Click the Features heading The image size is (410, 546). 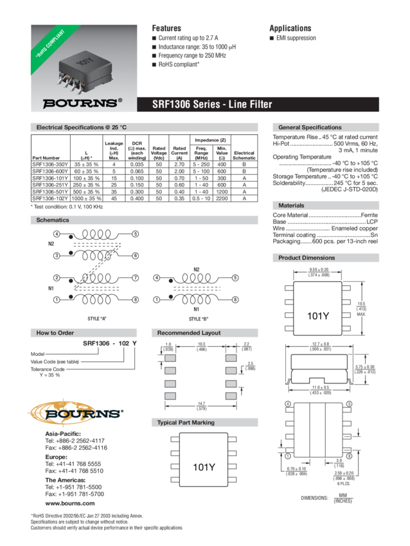pos(166,28)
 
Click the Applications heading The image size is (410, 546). pos(290,28)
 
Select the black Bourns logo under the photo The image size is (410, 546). pos(81,103)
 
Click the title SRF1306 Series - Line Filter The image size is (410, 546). pos(212,104)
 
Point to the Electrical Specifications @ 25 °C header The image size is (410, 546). pos(78,128)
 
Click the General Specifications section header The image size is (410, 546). pos(310,128)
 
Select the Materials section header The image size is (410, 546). pos(292,205)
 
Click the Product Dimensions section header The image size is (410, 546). pos(307,258)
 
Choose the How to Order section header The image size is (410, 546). pos(55,333)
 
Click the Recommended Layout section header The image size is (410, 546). pos(189,333)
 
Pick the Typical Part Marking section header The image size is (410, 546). pos(186,423)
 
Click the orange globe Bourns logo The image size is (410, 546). pos(77,414)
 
